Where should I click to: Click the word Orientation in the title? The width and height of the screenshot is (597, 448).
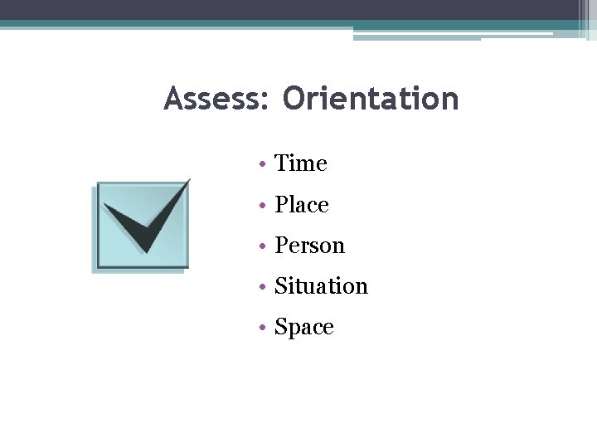[x=370, y=99]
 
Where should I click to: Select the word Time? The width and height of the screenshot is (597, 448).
[x=301, y=163]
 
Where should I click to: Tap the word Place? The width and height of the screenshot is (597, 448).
[x=302, y=205]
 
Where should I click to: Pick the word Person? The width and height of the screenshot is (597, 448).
[x=309, y=246]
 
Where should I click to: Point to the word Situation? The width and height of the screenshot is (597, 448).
[x=321, y=286]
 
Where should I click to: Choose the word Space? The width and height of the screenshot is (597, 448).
[x=304, y=328]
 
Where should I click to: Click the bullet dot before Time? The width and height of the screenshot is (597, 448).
[x=260, y=165]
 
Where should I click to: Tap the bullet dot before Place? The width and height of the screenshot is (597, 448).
[x=260, y=206]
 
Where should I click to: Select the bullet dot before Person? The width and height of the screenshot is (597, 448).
[x=260, y=246]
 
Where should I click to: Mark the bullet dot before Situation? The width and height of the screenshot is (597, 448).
[x=260, y=287]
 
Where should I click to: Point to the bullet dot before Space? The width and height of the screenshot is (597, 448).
[x=260, y=328]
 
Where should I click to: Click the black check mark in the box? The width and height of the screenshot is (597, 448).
[x=145, y=222]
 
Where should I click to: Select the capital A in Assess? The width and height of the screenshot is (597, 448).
[x=173, y=99]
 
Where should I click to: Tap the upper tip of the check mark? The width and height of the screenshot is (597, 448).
[x=188, y=180]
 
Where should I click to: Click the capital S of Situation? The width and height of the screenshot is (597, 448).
[x=280, y=286]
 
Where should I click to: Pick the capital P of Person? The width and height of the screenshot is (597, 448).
[x=281, y=246]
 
